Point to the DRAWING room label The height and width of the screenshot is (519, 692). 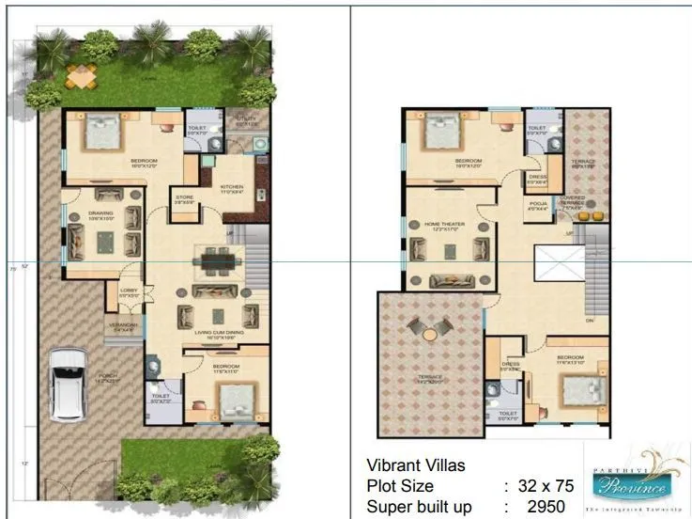click(x=100, y=212)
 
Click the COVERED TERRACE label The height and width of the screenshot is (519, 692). click(x=572, y=200)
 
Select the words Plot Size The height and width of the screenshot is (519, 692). click(x=400, y=486)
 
